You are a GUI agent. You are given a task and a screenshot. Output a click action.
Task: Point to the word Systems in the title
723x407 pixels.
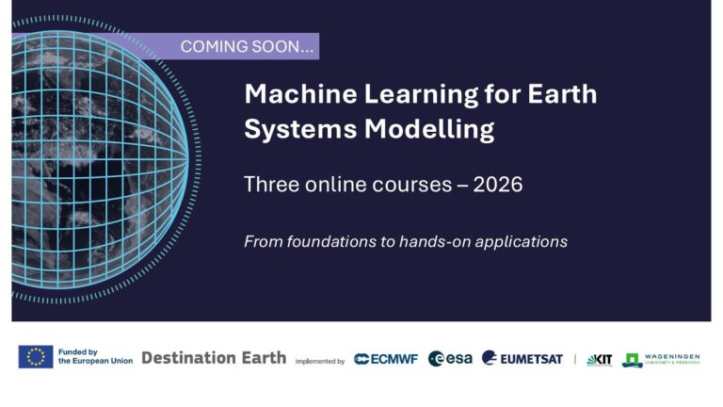286,128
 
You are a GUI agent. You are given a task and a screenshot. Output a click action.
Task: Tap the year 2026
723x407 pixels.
498,185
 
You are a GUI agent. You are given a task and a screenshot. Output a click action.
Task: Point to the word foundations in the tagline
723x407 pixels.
329,241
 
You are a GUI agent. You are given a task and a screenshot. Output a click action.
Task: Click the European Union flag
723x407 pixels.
36,357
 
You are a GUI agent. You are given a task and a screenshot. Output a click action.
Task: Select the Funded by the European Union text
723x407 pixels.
95,357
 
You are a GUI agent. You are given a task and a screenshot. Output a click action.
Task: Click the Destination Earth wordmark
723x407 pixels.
214,358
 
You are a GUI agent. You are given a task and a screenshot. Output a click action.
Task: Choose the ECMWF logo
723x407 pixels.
386,359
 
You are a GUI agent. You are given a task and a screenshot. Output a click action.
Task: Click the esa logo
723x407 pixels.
450,359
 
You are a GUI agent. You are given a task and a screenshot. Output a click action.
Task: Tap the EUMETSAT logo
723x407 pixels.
522,359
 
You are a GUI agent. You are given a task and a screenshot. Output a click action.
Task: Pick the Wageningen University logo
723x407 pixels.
661,359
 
